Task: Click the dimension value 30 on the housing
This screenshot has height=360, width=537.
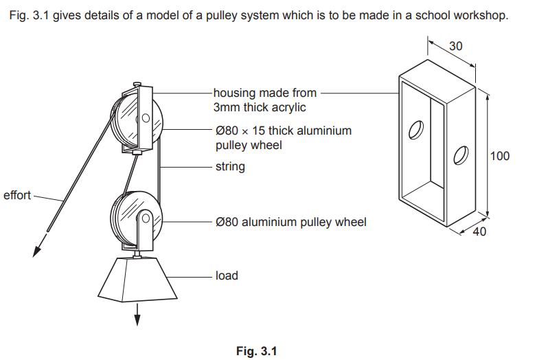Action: (456, 46)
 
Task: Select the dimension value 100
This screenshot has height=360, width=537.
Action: (500, 156)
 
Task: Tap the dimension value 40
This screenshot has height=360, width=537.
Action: (479, 232)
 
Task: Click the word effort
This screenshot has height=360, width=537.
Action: (17, 195)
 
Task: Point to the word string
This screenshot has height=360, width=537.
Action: (230, 166)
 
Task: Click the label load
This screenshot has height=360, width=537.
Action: (227, 275)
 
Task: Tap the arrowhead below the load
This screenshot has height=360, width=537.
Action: (137, 318)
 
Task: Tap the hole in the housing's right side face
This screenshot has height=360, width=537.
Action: (461, 156)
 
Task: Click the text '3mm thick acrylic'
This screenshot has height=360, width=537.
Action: (259, 107)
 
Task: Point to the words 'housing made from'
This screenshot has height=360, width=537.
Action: (265, 93)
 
